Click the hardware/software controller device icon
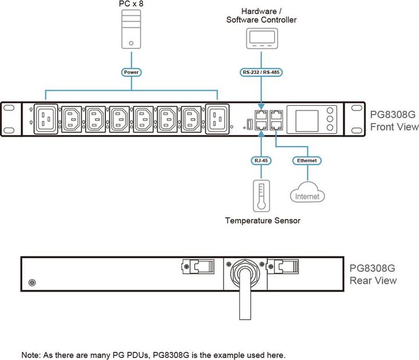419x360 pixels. point(261,39)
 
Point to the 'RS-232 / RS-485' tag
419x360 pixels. point(261,73)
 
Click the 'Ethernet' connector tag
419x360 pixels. point(307,159)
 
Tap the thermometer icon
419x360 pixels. point(261,195)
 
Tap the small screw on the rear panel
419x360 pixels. point(32,283)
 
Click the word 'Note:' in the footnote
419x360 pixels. point(32,354)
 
